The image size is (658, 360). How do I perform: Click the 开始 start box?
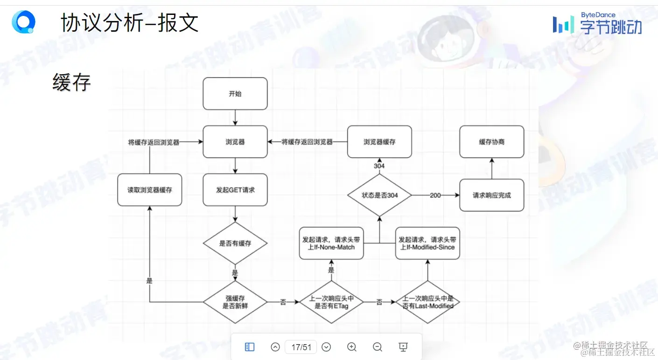coord(235,94)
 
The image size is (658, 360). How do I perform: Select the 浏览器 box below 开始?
coord(235,142)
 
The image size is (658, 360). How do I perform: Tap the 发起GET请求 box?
coord(235,190)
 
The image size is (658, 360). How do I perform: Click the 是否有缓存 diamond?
coord(235,243)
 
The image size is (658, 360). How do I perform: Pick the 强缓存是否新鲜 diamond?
coord(235,302)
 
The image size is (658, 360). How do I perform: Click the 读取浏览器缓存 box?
coord(149,190)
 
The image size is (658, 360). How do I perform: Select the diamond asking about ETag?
coord(331,302)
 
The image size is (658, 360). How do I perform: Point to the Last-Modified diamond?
coord(428,302)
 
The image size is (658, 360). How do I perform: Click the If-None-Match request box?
coord(331,243)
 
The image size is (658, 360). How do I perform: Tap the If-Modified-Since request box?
coord(427,243)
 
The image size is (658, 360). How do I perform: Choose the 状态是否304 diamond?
coord(379,195)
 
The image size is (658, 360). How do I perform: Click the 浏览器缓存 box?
coord(379,142)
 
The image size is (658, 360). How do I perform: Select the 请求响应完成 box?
coord(491,195)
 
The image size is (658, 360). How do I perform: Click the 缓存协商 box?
coord(491,142)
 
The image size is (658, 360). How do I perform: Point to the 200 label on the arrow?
coord(435,195)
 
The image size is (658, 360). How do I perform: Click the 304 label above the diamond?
coord(379,166)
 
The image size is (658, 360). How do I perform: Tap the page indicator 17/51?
coord(301,347)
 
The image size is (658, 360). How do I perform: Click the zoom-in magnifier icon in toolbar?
coord(352,347)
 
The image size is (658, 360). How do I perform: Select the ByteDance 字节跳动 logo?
coord(597,23)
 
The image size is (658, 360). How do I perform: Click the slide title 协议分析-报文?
coord(130,23)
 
